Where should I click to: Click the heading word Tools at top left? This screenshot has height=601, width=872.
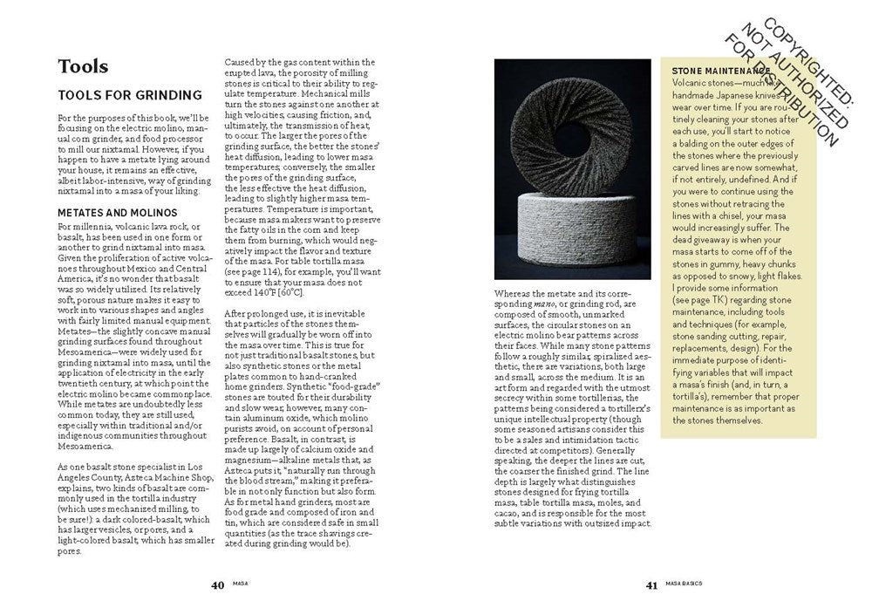click(83, 66)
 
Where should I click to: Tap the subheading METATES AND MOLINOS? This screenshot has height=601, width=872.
click(118, 212)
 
